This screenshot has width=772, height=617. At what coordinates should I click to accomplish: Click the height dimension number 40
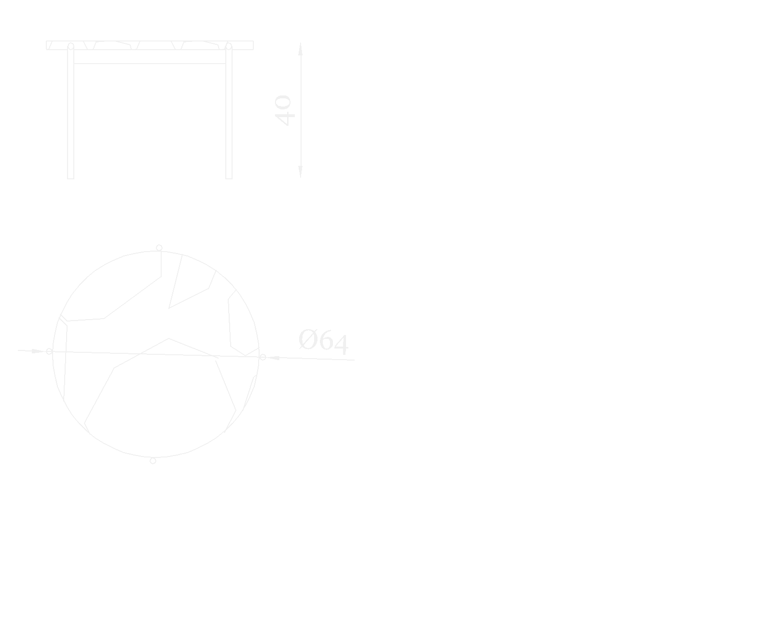tap(283, 111)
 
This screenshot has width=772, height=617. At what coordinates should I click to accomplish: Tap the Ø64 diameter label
tap(323, 341)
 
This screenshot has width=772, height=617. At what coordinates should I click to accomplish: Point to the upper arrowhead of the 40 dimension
tap(300, 49)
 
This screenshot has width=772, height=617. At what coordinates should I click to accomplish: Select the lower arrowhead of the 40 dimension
tap(300, 172)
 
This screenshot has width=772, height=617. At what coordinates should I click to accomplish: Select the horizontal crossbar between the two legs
tap(150, 63)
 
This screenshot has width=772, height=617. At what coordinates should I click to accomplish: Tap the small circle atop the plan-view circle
tap(159, 248)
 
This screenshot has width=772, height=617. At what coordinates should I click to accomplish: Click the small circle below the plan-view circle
tap(153, 461)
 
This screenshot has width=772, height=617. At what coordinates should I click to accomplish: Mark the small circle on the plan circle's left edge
tap(49, 351)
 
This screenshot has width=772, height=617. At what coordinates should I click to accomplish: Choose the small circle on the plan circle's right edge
tap(262, 357)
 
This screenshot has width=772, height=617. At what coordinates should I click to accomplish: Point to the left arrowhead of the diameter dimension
tap(38, 351)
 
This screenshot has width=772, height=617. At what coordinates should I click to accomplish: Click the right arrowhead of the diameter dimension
tap(273, 358)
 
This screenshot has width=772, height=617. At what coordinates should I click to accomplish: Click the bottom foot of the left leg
tap(70, 177)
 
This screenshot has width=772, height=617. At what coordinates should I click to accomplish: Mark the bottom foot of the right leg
tap(229, 177)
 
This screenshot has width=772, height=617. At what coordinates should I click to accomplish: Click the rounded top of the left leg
tap(70, 46)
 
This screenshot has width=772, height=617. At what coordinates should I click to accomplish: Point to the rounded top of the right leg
tap(229, 46)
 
